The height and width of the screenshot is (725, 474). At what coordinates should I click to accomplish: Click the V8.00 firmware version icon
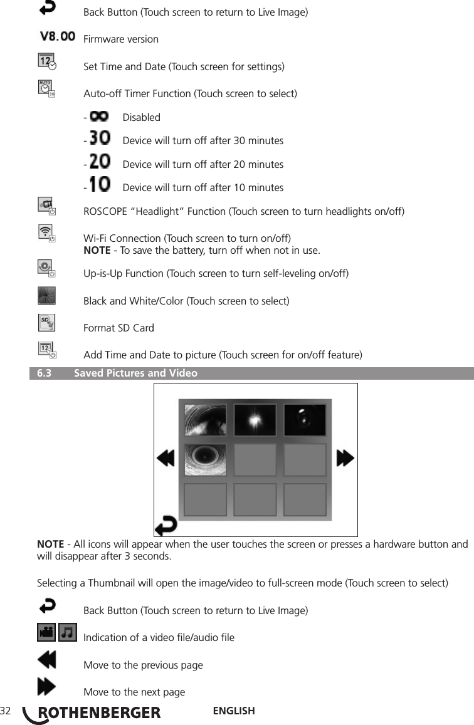click(58, 37)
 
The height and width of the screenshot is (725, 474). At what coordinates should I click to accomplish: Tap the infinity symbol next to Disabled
click(98, 117)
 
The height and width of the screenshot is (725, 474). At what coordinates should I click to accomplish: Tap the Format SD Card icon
click(46, 323)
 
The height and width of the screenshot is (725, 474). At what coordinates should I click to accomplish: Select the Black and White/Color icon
click(46, 296)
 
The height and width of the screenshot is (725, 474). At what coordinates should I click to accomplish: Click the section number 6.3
click(44, 373)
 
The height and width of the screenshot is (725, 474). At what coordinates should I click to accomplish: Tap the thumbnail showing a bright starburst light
click(255, 420)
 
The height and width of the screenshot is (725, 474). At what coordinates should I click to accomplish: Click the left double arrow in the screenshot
click(166, 459)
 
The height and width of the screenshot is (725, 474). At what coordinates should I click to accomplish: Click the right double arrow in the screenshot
click(345, 459)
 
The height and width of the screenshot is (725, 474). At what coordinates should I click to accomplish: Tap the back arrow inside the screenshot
click(166, 524)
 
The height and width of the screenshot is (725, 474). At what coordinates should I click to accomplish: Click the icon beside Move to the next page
click(46, 687)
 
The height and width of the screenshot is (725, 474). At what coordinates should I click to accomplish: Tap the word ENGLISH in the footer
click(234, 711)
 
